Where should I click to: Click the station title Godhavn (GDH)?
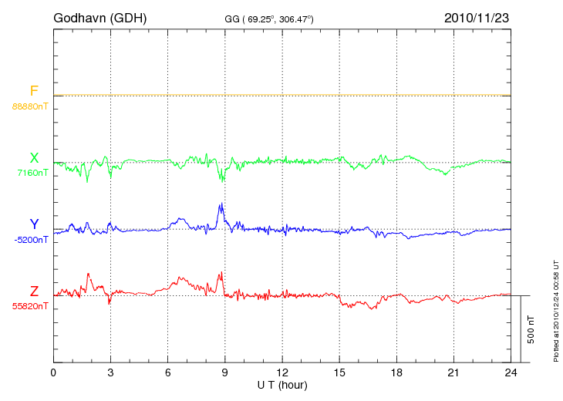99,17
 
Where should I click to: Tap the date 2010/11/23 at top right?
477,17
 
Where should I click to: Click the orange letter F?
34,91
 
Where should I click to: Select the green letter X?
34,158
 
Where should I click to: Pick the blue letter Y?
34,224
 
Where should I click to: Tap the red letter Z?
34,291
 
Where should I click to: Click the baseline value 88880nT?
30,106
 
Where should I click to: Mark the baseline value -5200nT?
31,240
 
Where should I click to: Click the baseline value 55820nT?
30,306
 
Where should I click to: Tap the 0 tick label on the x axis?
53,372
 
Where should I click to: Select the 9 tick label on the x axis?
225,372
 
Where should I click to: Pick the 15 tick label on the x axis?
339,372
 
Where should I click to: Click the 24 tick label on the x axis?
511,372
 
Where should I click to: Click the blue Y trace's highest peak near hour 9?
221,204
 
